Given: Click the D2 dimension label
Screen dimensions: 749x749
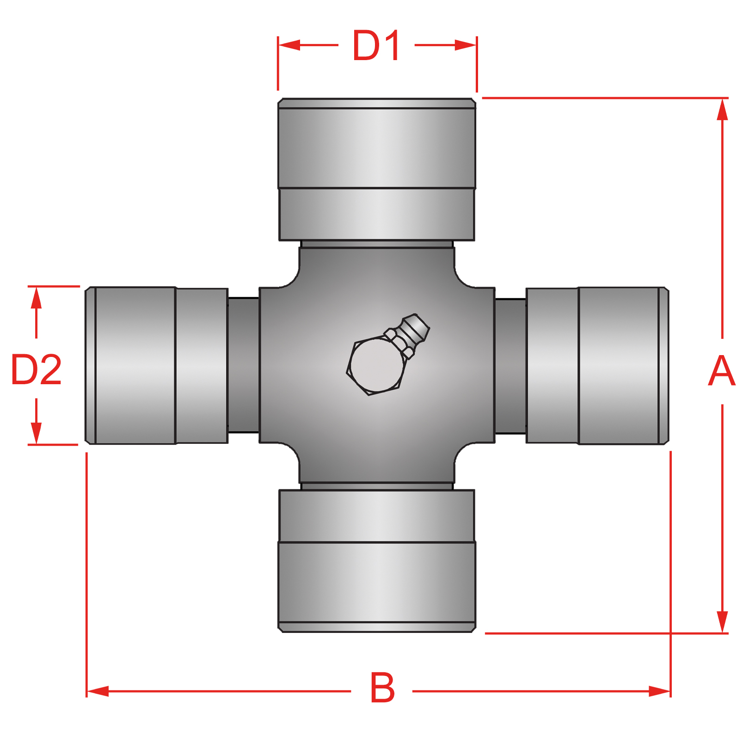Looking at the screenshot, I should point(36,369).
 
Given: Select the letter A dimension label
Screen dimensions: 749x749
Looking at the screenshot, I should point(721,371).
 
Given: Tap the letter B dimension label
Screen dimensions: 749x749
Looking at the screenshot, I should point(382,688).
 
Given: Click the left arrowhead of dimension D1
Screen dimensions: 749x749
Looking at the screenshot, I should point(289,45).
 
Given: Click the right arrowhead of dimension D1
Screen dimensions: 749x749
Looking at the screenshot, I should point(466,45).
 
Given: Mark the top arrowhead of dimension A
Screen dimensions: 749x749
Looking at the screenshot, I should point(722,110).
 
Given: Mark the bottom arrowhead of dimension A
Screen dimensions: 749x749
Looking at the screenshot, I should point(722,621).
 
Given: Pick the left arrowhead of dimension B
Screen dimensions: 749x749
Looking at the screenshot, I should point(98,692).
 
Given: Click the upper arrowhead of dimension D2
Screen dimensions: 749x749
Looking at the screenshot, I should point(36,298).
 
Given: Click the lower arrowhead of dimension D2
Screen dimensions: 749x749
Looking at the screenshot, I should point(36,433).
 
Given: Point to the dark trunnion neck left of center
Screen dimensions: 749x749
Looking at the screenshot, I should point(244,365).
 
